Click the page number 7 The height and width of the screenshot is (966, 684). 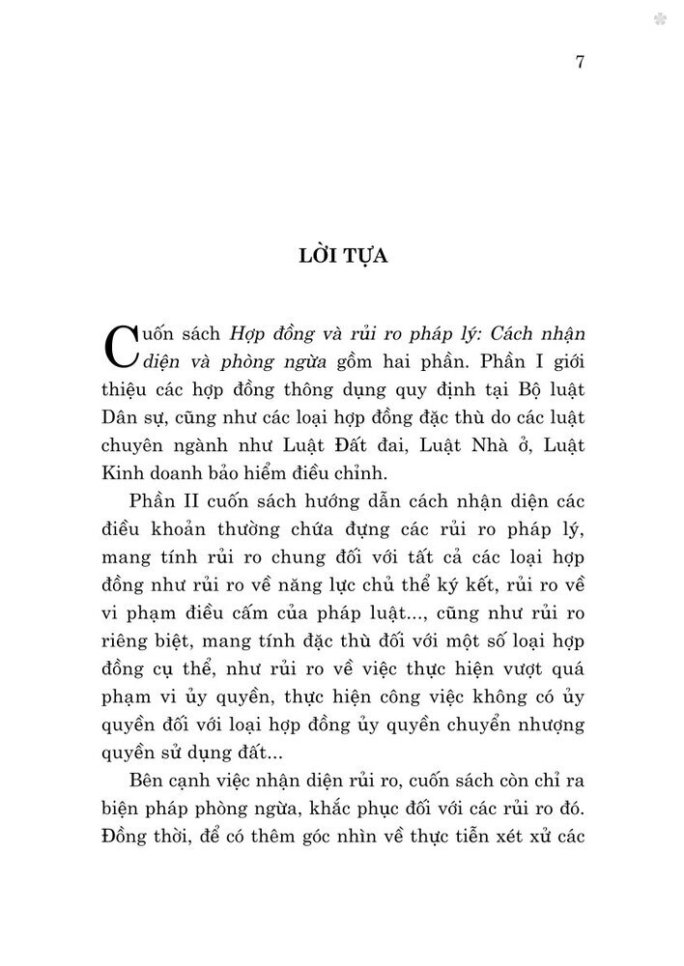click(x=579, y=63)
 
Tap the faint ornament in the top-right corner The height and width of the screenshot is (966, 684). click(x=661, y=18)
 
